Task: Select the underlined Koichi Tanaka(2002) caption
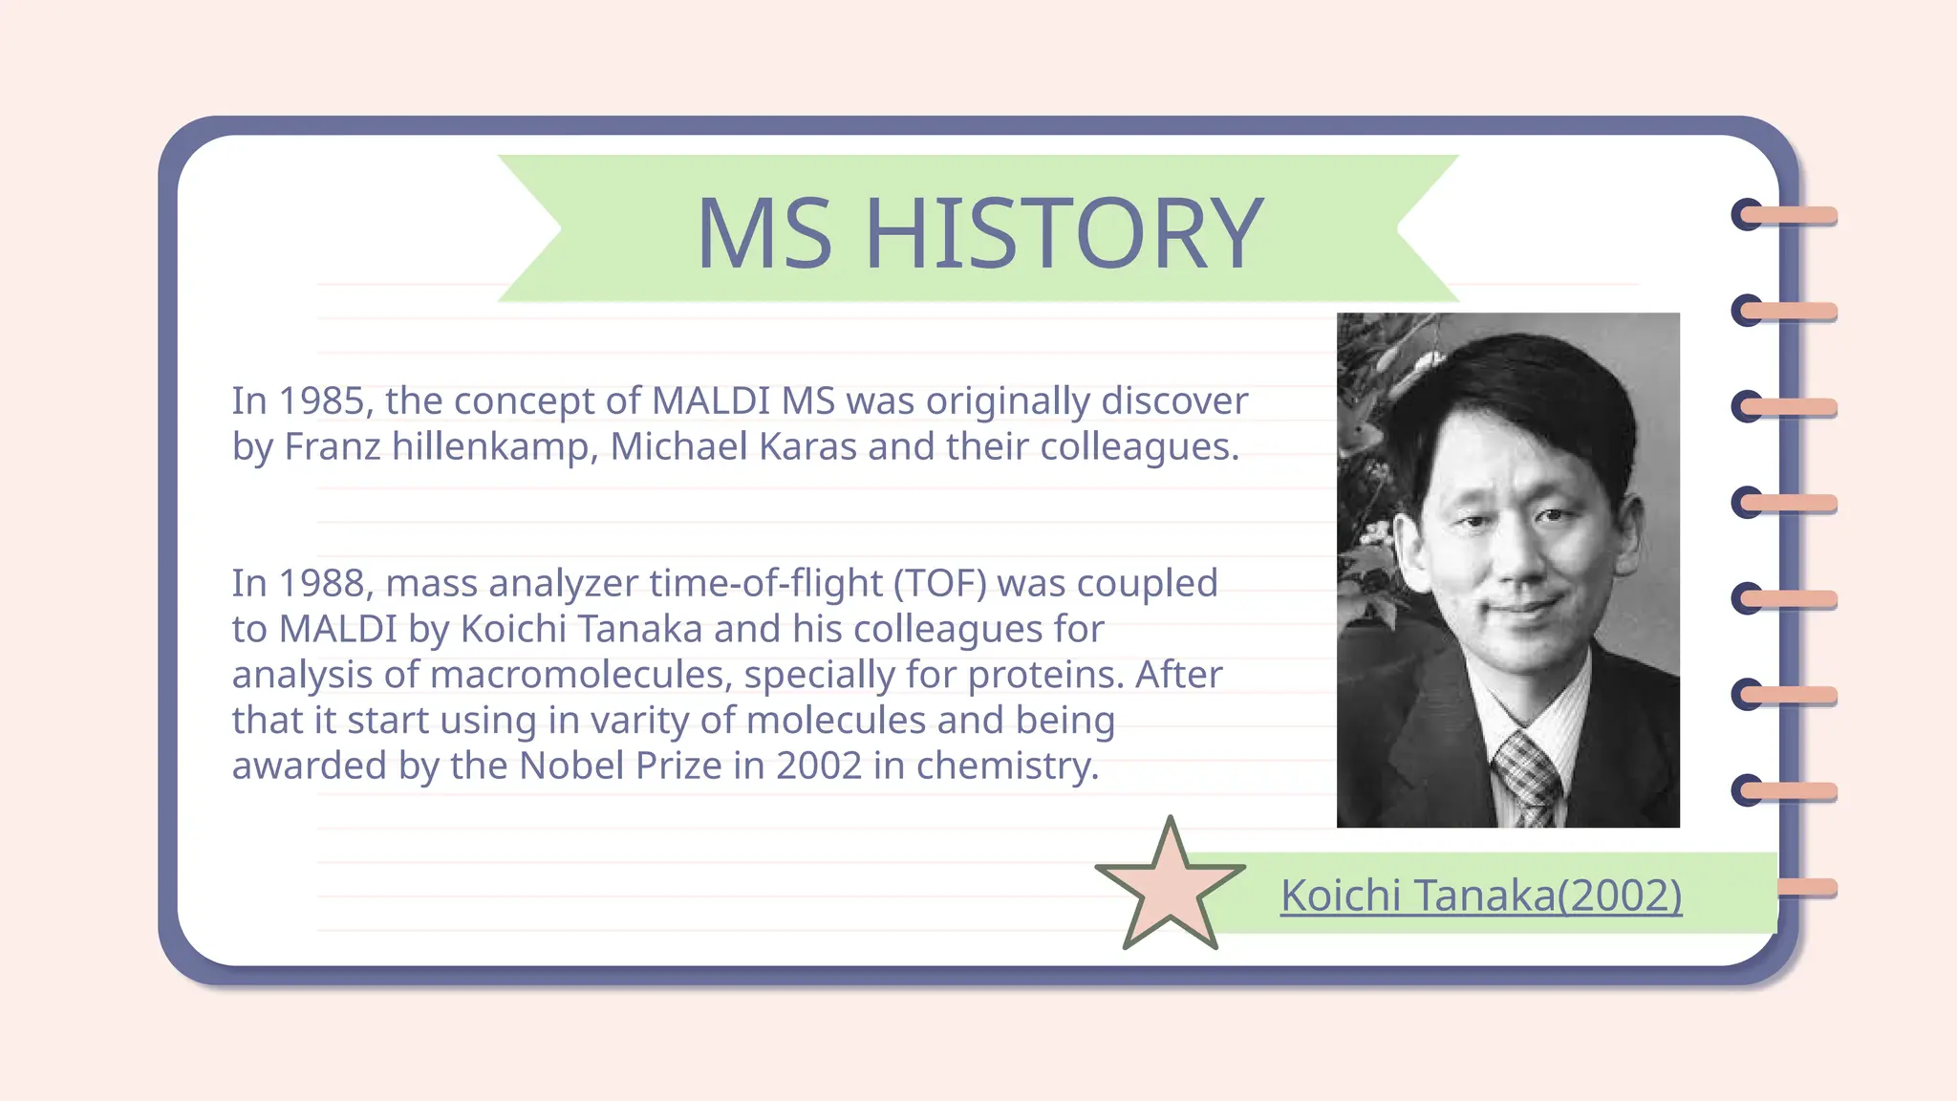coord(1481,896)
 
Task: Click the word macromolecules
coord(580,675)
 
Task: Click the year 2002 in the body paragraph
coord(818,766)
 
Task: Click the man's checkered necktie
coord(1527,779)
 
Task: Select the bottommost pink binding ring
coord(1806,888)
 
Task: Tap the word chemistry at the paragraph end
coord(1007,766)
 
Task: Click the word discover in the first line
coord(1174,401)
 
